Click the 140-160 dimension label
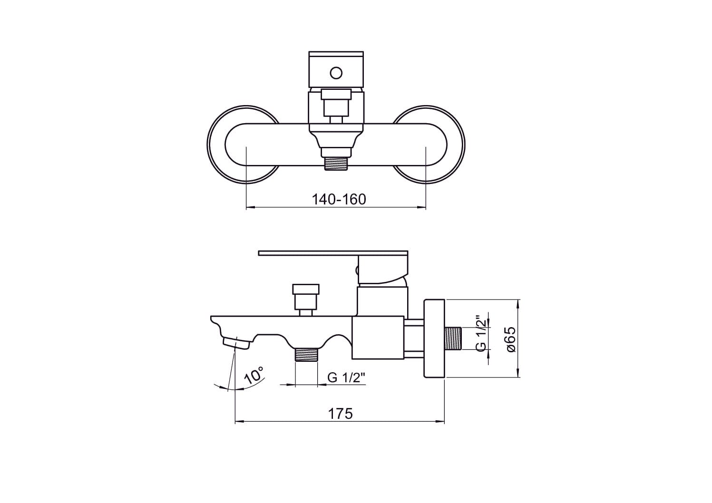point(339,200)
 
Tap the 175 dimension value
point(340,414)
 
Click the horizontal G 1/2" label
point(346,377)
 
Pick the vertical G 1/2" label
point(481,333)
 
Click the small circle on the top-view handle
point(336,73)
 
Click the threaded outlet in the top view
point(336,164)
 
